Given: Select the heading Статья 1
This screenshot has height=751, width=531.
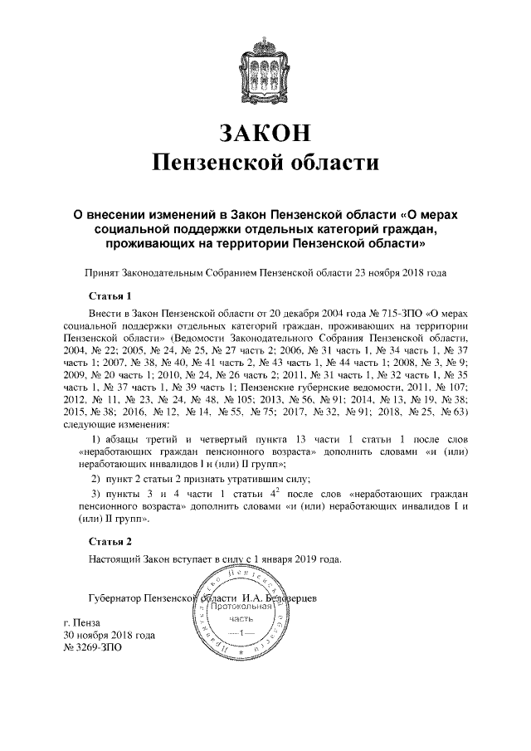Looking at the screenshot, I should [110, 295].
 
